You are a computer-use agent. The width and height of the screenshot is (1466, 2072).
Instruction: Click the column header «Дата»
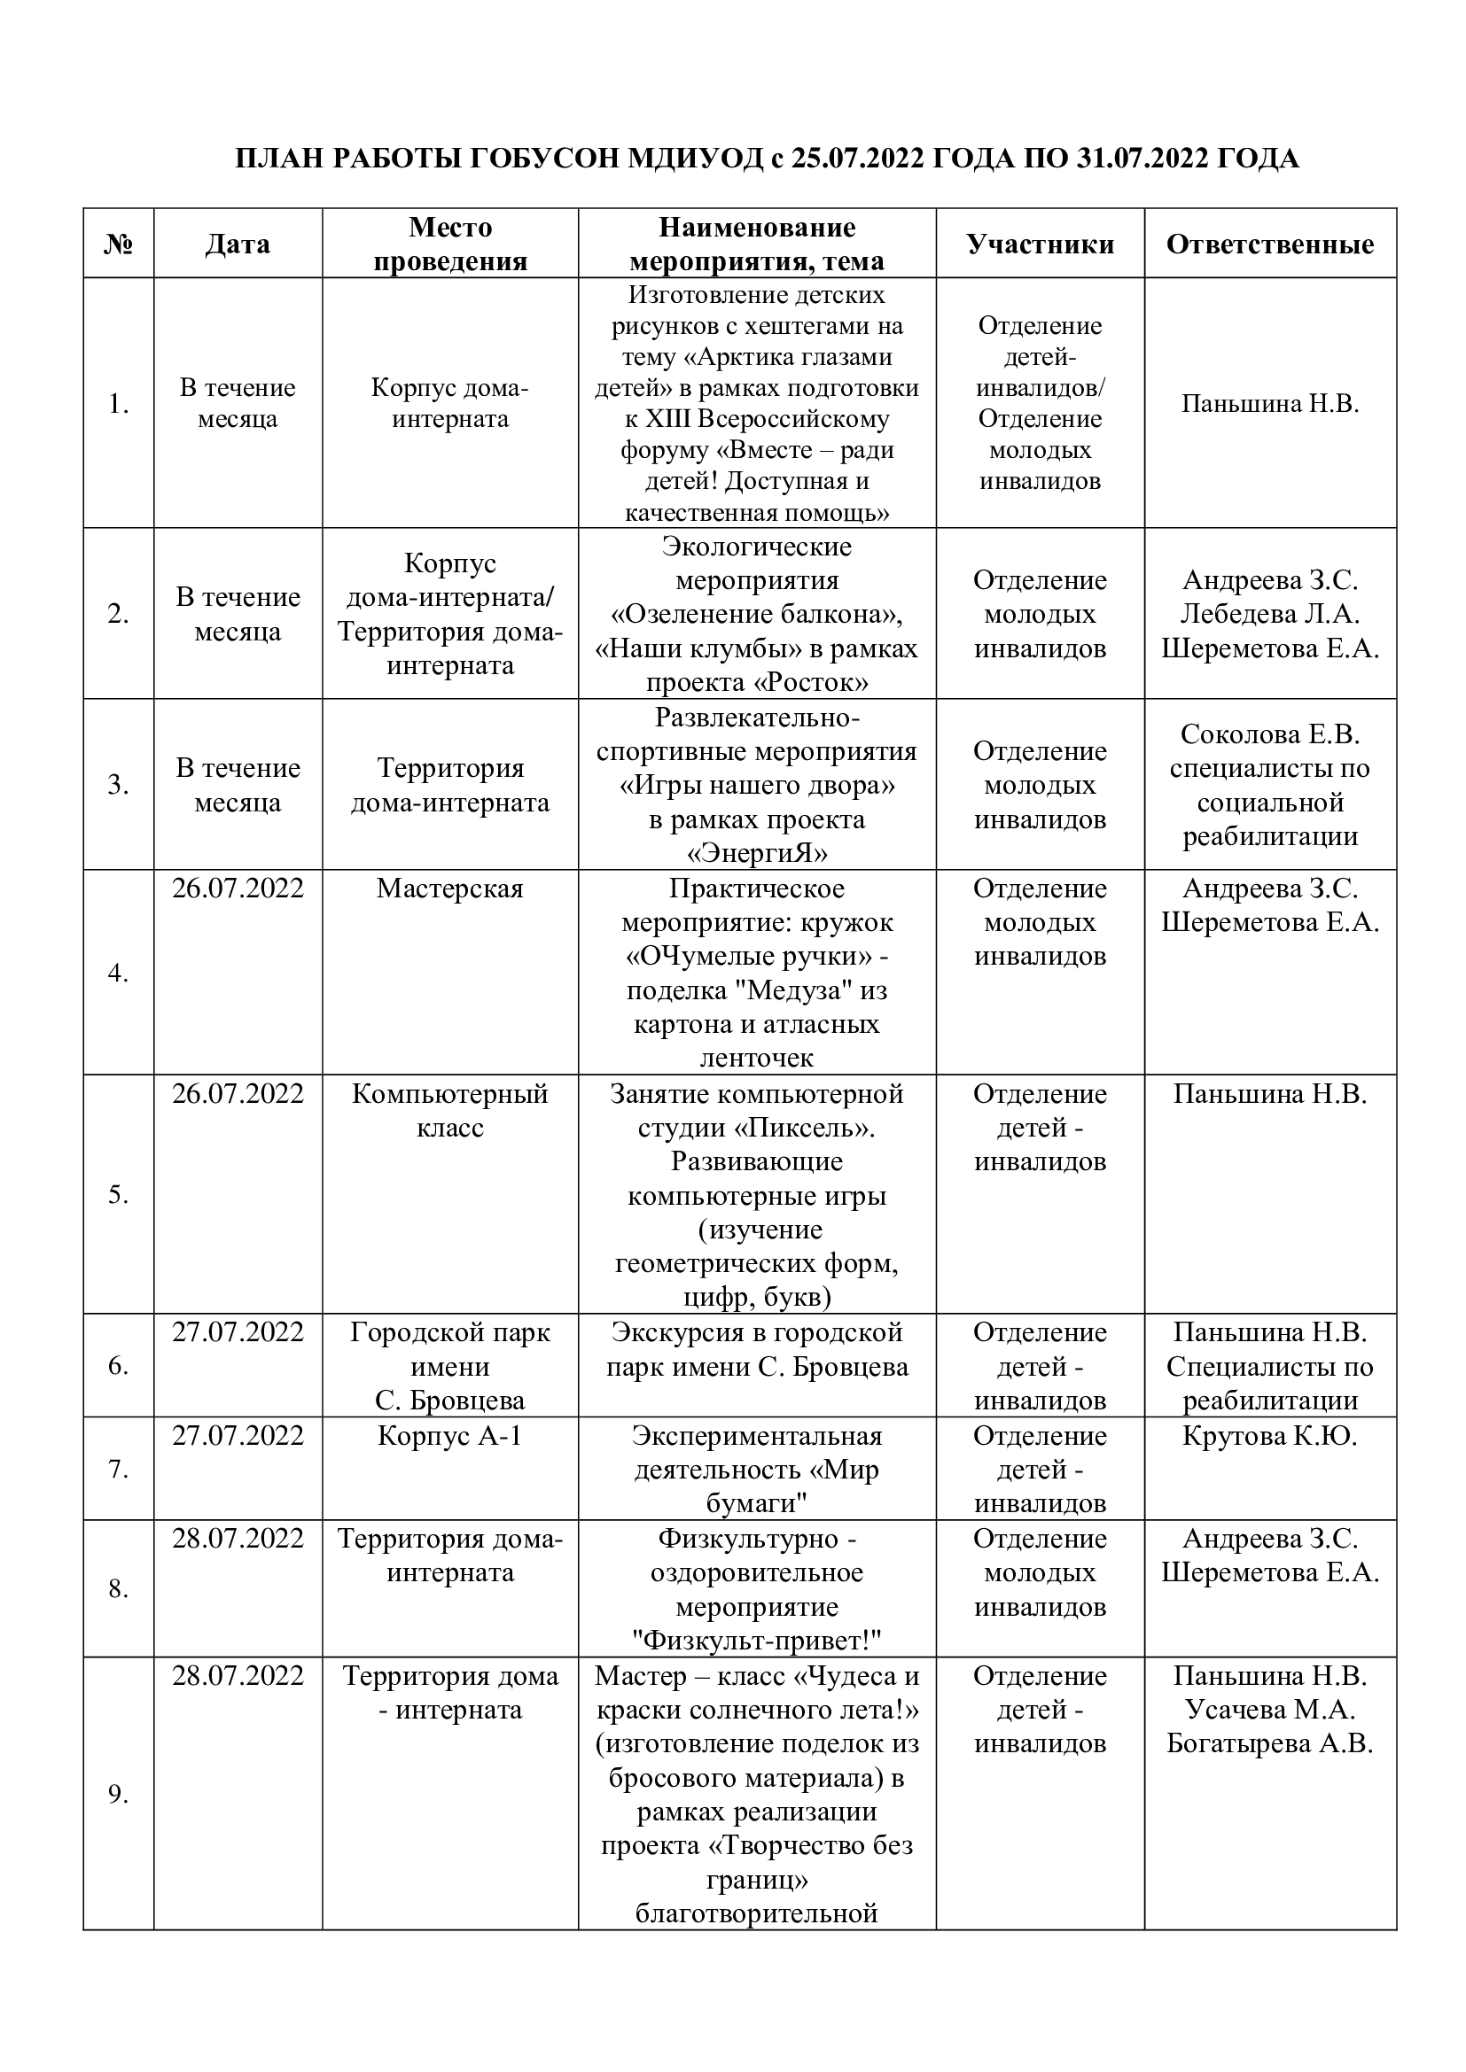(x=238, y=244)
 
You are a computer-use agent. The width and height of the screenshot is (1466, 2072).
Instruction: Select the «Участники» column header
(x=1040, y=244)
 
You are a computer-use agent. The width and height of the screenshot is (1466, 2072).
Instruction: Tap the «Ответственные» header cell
(x=1270, y=244)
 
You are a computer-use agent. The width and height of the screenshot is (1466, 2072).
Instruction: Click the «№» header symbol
(x=118, y=244)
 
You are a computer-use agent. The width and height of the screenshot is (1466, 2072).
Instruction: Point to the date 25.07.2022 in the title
(x=858, y=159)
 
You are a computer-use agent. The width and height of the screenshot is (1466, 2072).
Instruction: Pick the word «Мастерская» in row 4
(x=449, y=888)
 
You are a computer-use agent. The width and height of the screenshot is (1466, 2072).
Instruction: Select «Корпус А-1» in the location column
(x=449, y=1435)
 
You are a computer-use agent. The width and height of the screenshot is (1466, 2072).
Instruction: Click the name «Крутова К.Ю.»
(x=1270, y=1435)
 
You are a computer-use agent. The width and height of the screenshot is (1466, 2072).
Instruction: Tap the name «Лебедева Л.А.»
(x=1270, y=614)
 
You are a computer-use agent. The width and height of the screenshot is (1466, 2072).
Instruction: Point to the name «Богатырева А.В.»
(x=1270, y=1742)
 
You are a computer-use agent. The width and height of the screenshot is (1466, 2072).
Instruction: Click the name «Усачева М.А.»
(x=1270, y=1709)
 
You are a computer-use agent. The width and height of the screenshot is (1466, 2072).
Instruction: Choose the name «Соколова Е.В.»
(x=1270, y=734)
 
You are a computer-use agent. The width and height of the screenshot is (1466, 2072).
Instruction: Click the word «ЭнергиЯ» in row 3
(x=756, y=853)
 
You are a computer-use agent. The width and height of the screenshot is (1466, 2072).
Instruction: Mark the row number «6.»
(x=118, y=1365)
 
